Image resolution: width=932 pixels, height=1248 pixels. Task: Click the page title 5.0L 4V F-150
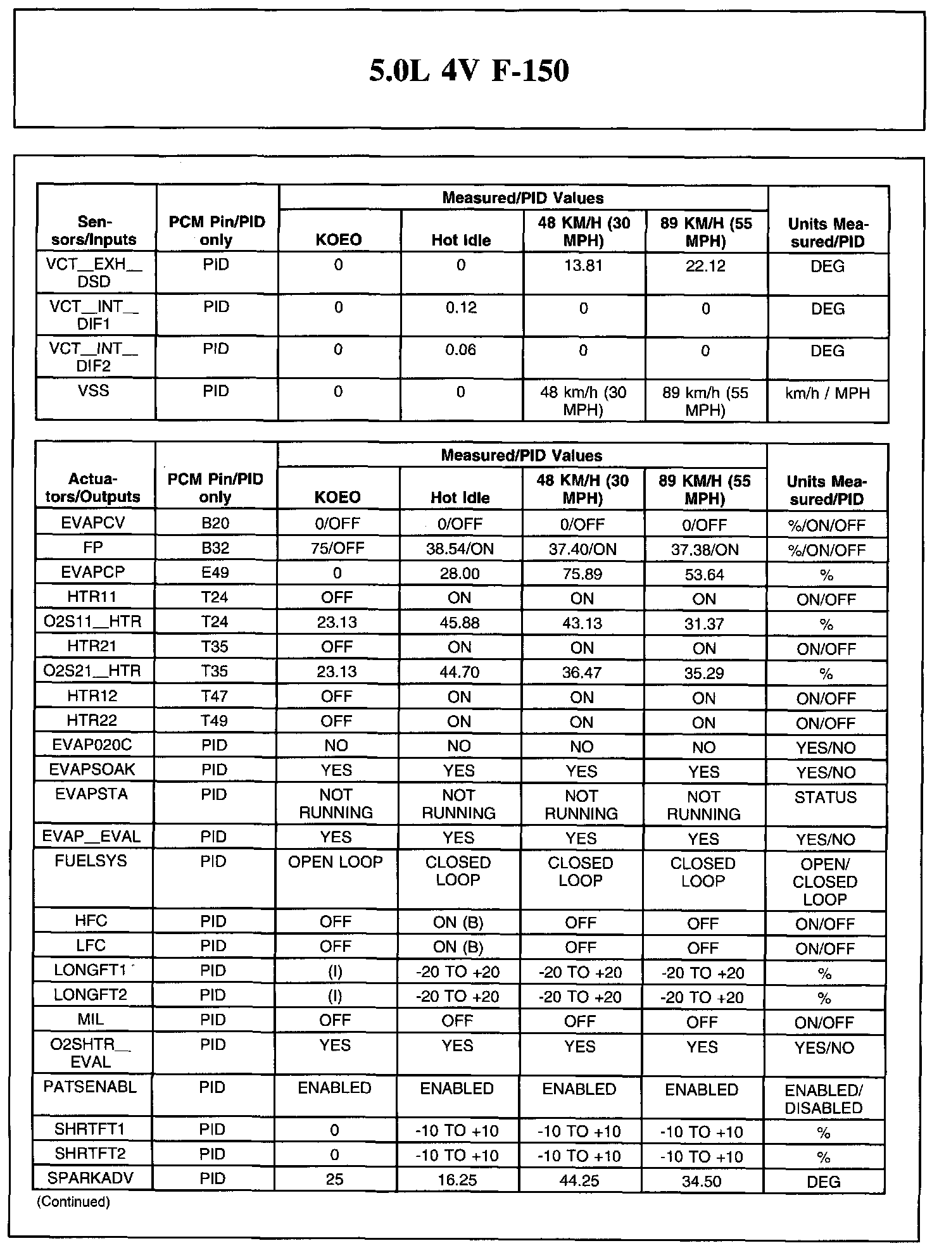click(x=469, y=70)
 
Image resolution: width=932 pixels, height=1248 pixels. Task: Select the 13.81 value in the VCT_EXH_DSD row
click(x=583, y=266)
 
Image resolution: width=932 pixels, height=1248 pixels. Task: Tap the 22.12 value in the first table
click(x=706, y=266)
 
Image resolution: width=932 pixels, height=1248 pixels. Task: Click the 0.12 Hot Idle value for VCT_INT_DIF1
click(x=461, y=308)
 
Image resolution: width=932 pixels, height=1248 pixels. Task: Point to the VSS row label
click(x=94, y=391)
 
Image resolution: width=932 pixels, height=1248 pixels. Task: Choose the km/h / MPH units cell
click(x=828, y=394)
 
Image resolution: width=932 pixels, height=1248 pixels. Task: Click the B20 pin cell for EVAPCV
click(x=215, y=524)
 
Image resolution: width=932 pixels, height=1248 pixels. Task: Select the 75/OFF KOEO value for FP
click(x=337, y=548)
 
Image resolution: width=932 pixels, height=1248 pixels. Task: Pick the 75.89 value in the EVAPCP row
click(x=582, y=574)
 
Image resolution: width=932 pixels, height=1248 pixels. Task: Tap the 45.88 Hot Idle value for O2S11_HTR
click(x=460, y=623)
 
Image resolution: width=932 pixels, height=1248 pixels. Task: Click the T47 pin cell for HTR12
click(x=214, y=697)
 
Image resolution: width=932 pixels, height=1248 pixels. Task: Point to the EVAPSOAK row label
click(x=92, y=770)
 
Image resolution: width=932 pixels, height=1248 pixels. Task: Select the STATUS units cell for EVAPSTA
click(x=826, y=797)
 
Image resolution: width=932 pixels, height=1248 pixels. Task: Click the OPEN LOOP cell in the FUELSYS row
click(x=336, y=862)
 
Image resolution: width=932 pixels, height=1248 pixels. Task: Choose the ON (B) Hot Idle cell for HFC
click(x=458, y=923)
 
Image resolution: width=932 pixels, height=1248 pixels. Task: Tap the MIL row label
click(x=91, y=1020)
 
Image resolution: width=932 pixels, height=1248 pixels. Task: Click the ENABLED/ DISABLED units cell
click(x=824, y=1099)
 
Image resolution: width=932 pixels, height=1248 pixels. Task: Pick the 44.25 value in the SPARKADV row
click(x=580, y=1181)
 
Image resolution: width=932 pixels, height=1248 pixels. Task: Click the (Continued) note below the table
click(x=73, y=1202)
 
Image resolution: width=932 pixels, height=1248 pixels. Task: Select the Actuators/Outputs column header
click(x=93, y=488)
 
